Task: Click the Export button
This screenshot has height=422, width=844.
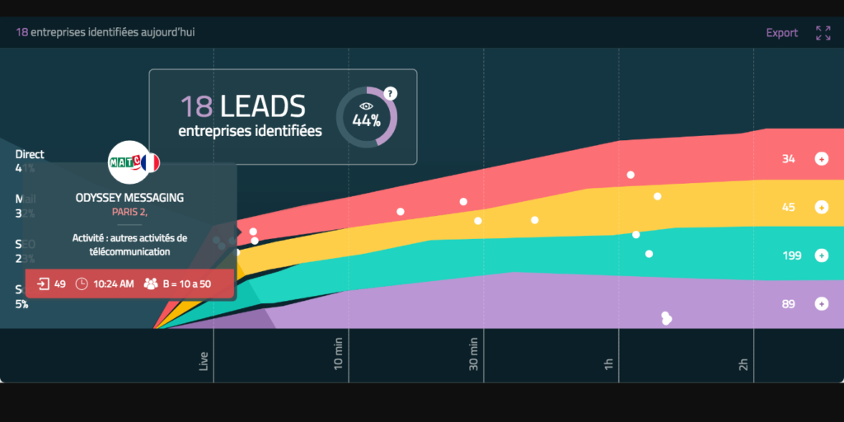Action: tap(781, 33)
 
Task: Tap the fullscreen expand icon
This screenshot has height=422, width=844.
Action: tap(823, 33)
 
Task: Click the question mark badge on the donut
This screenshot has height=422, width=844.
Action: tap(391, 93)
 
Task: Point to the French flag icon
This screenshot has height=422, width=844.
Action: tap(149, 163)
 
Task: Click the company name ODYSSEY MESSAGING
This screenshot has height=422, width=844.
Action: tap(129, 198)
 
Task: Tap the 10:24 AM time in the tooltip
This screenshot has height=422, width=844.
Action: tap(113, 284)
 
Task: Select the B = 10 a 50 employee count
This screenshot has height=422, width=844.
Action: tap(185, 284)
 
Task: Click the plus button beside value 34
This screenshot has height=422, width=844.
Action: tap(821, 159)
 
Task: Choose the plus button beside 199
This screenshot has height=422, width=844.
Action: tap(821, 256)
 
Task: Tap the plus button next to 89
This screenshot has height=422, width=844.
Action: tap(821, 304)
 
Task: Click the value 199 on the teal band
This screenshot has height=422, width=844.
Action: tap(791, 256)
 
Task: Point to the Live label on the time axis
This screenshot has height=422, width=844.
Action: tap(204, 361)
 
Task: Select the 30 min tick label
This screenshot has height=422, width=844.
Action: tap(475, 354)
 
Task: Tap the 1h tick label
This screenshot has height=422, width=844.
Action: tap(610, 363)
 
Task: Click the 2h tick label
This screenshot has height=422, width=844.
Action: tap(743, 363)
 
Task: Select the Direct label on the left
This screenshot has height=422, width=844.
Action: tap(30, 154)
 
